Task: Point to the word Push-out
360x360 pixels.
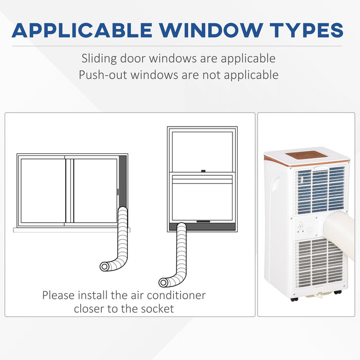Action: click(102, 75)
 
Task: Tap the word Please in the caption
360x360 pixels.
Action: click(60, 296)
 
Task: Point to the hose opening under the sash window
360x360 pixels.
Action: click(164, 282)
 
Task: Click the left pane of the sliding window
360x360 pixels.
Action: click(43, 190)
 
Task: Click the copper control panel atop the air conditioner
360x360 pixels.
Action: click(307, 155)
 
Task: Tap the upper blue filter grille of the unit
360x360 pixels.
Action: click(320, 189)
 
